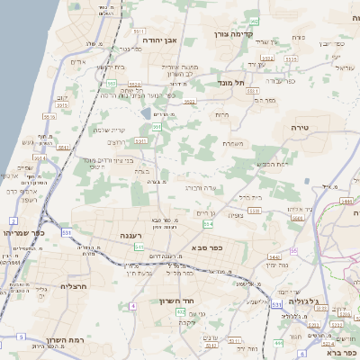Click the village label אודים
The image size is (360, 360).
(77, 61)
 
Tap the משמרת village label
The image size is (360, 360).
(232, 143)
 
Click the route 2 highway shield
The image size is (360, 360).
(13, 220)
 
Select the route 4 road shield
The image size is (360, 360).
(132, 306)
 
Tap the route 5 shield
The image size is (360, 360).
(22, 336)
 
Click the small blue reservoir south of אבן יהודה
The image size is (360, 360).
(147, 114)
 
